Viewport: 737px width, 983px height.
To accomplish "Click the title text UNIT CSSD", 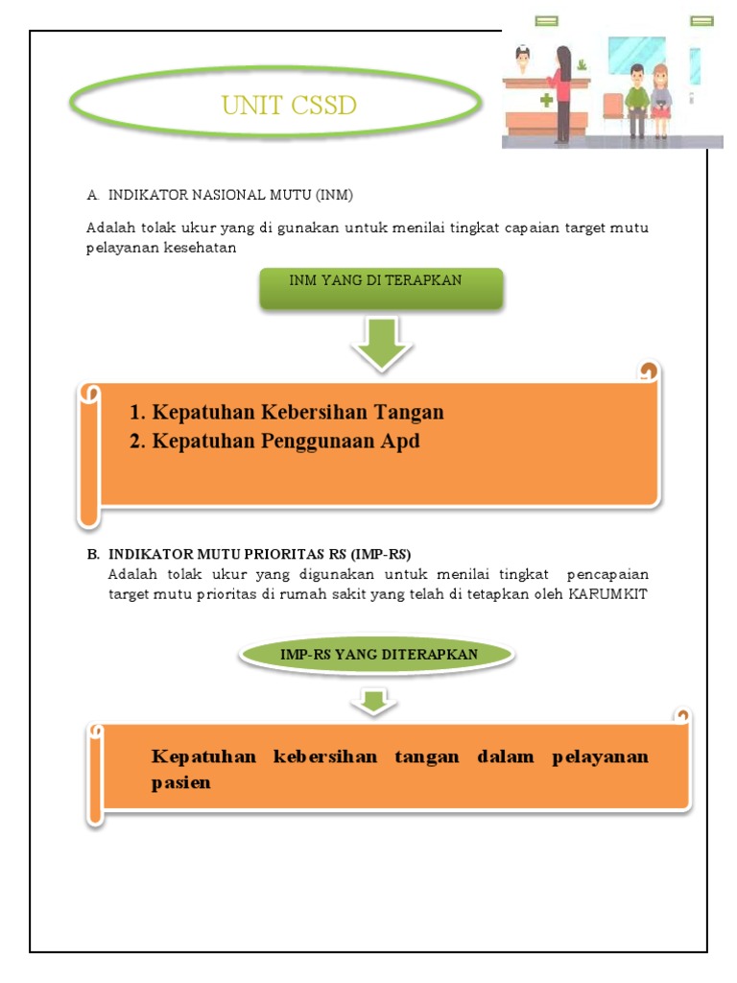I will tap(289, 106).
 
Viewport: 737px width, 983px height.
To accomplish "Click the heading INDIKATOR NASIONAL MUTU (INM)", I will tap(230, 195).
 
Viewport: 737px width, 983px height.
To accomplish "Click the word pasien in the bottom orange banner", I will tap(180, 782).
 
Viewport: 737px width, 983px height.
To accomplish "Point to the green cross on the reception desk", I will tap(546, 100).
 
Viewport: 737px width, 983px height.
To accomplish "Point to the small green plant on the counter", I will tap(581, 64).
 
